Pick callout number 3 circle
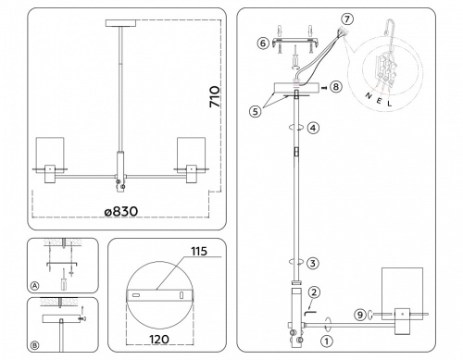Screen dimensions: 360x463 [x=314, y=262]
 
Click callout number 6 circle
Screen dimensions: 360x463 [x=263, y=43]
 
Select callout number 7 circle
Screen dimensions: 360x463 [x=347, y=19]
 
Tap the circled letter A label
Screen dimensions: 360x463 [x=34, y=286]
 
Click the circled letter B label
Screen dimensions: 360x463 [x=34, y=346]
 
